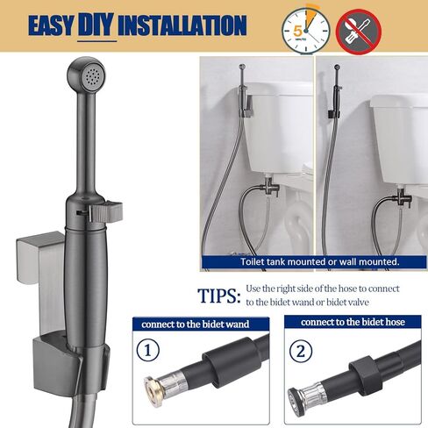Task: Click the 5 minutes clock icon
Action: click(298, 26)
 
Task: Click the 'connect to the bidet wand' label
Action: click(195, 324)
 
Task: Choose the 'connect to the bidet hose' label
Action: click(349, 323)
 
